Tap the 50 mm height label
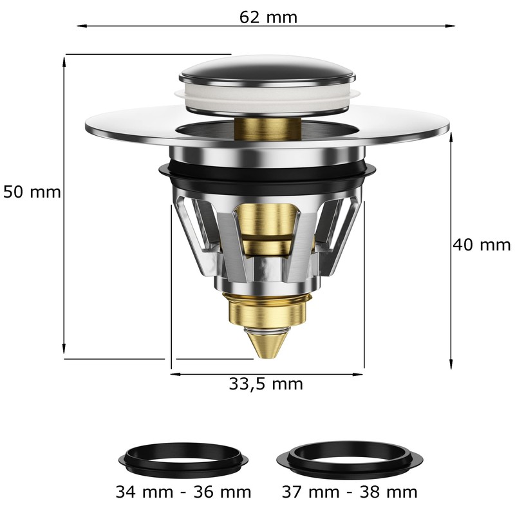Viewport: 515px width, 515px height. pyautogui.click(x=32, y=192)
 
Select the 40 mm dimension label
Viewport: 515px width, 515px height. pyautogui.click(x=482, y=245)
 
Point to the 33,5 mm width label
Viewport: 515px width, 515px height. pyautogui.click(x=266, y=384)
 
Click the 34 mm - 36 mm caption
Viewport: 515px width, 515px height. pyautogui.click(x=183, y=492)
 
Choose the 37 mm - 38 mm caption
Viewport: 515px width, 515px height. pyautogui.click(x=350, y=492)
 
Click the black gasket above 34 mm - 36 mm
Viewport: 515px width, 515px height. pyautogui.click(x=184, y=457)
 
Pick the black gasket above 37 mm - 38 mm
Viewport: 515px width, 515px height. pyautogui.click(x=350, y=458)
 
